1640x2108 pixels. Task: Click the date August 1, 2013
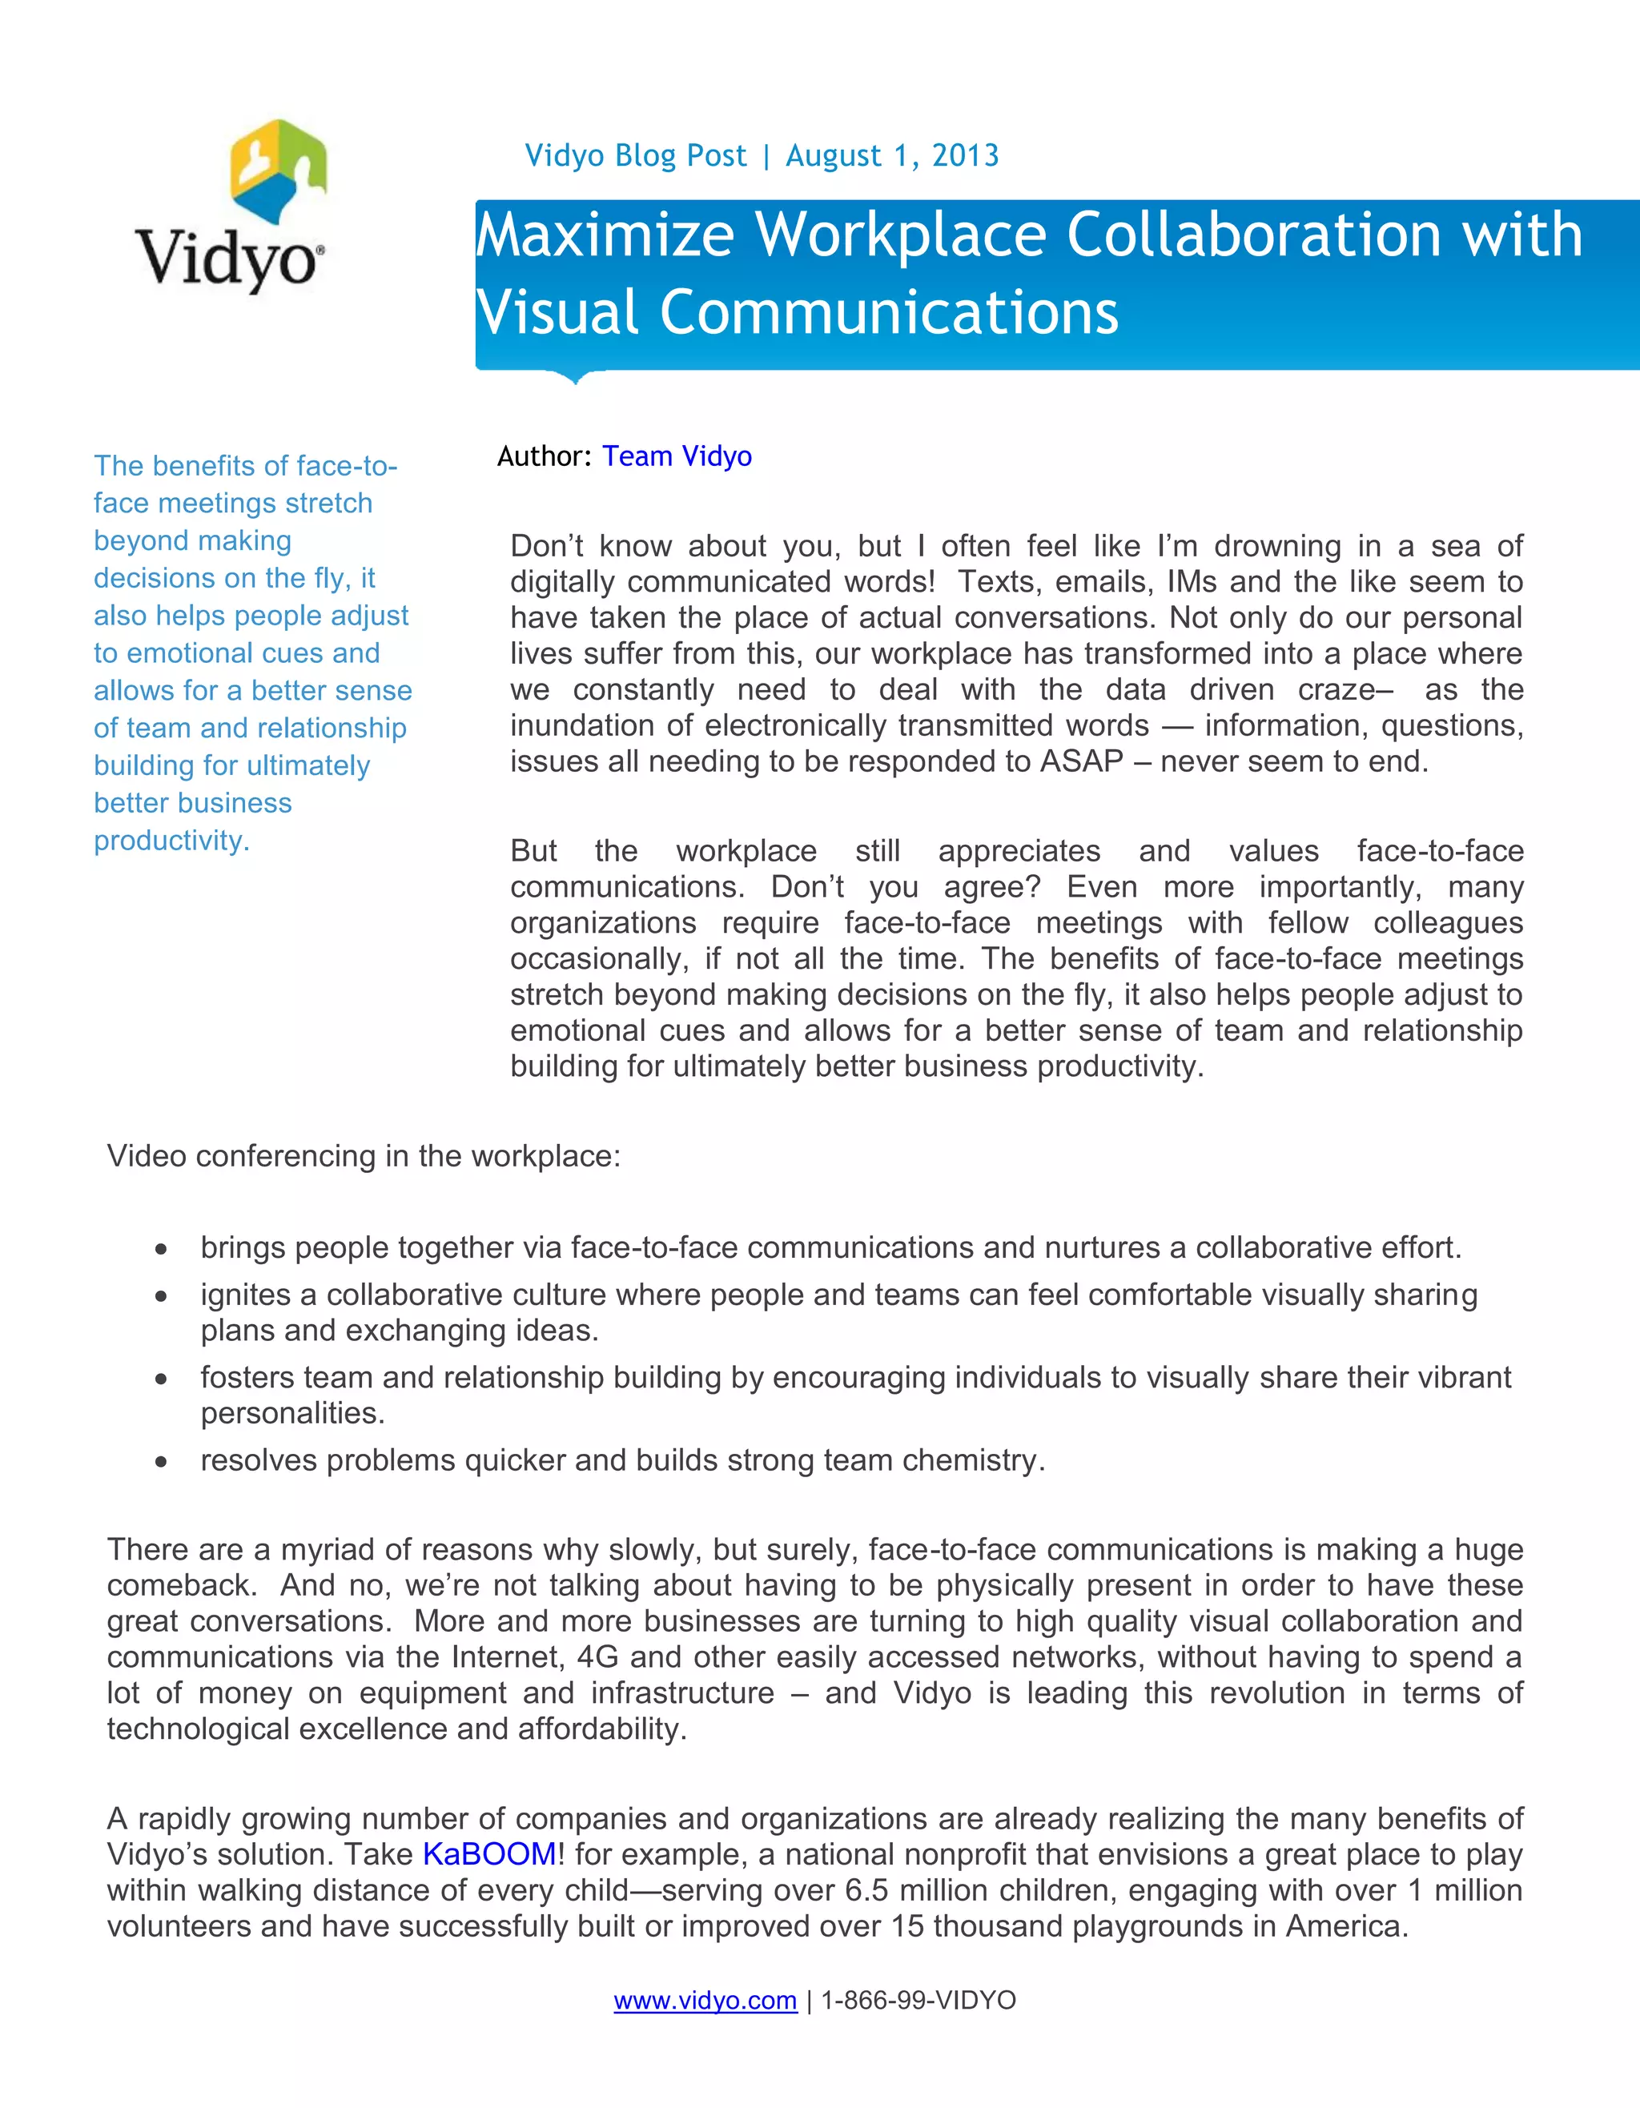[x=892, y=155]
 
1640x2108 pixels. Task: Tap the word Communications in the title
[x=889, y=314]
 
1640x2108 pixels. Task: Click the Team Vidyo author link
[x=677, y=456]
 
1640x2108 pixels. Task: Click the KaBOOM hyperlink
[x=489, y=1853]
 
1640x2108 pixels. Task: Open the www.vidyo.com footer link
[x=705, y=2000]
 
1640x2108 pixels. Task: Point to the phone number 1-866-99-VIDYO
[x=918, y=2000]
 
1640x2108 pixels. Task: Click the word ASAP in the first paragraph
[x=1081, y=761]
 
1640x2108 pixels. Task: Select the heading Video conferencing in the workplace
[x=364, y=1155]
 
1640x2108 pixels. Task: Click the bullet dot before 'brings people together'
[x=161, y=1250]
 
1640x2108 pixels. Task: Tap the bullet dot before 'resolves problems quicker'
[x=161, y=1462]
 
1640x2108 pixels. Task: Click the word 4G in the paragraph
[x=597, y=1657]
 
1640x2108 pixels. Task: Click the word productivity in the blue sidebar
[x=171, y=841]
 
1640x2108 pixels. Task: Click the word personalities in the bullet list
[x=292, y=1413]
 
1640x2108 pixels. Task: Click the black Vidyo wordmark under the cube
[x=227, y=258]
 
